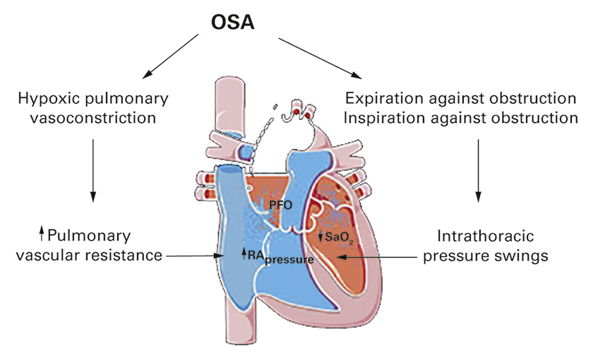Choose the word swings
click(520, 255)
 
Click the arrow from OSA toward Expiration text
click(317, 58)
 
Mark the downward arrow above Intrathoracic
click(480, 168)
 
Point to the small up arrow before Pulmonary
click(42, 234)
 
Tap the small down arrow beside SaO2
click(321, 238)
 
